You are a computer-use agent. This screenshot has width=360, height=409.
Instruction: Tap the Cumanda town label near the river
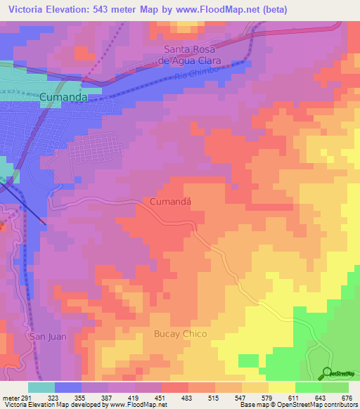click(67, 98)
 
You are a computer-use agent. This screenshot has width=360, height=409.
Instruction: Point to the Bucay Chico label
click(181, 334)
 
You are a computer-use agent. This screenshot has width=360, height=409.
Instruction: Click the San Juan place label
click(48, 337)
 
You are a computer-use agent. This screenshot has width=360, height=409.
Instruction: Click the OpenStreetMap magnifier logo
click(328, 372)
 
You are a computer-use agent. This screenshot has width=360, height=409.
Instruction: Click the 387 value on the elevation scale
click(108, 397)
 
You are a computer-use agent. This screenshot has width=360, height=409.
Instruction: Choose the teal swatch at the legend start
click(41, 387)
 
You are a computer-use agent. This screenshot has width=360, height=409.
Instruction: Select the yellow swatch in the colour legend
click(281, 387)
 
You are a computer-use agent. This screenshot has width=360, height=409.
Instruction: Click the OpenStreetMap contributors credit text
click(317, 405)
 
